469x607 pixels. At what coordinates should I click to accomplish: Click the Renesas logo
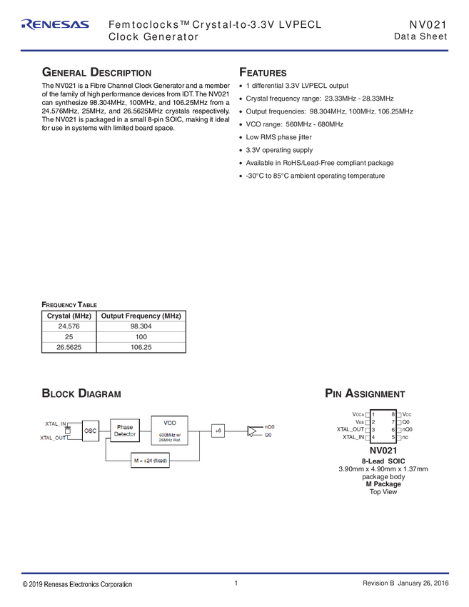(x=56, y=24)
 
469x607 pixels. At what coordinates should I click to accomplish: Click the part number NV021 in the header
(x=428, y=25)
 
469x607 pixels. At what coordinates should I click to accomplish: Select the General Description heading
(x=97, y=72)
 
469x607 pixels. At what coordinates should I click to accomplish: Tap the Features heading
(x=263, y=72)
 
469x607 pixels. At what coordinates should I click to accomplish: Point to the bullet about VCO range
(x=295, y=124)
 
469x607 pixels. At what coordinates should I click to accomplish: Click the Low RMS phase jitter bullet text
(x=278, y=137)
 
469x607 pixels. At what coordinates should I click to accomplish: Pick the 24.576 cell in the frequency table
(x=69, y=326)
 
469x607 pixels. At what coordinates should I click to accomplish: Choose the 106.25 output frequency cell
(x=141, y=347)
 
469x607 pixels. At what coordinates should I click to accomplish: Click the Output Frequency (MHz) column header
(x=141, y=316)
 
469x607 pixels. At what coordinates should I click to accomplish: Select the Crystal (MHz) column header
(x=69, y=316)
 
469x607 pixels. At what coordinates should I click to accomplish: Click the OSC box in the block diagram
(x=90, y=431)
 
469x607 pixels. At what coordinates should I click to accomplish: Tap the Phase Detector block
(x=125, y=431)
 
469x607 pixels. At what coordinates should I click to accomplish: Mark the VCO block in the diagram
(x=169, y=431)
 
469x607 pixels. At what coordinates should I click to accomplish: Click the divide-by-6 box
(x=218, y=431)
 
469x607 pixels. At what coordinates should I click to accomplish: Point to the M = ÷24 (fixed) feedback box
(x=150, y=461)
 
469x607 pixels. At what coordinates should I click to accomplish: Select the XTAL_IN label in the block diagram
(x=56, y=424)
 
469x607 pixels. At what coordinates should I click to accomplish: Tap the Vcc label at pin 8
(x=407, y=414)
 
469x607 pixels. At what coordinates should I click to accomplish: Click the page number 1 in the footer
(x=236, y=583)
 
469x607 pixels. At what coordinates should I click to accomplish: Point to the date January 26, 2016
(x=423, y=583)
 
